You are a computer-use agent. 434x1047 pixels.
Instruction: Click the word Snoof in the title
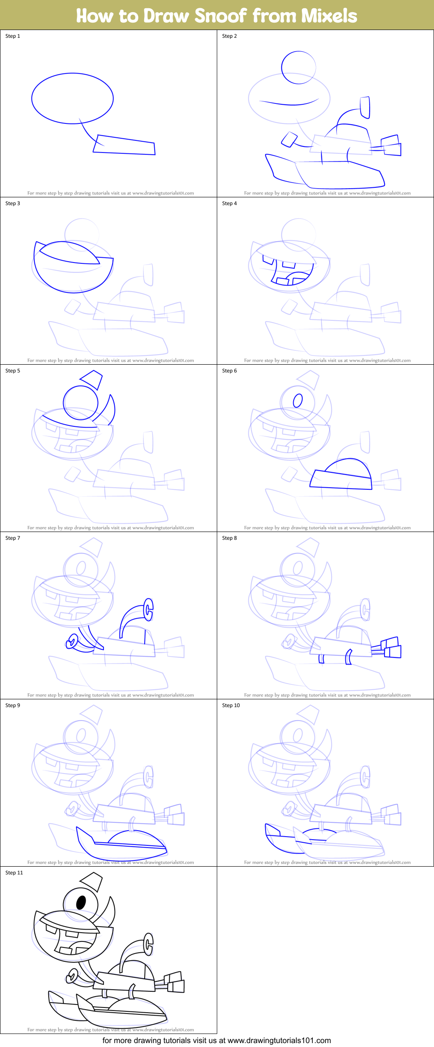pos(221,16)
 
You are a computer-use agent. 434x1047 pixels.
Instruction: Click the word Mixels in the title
pos(329,16)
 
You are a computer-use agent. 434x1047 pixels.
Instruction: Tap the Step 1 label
pos(13,36)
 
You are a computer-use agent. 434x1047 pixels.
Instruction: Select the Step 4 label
pos(229,203)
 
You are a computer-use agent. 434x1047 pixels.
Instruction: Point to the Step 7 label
pos(13,538)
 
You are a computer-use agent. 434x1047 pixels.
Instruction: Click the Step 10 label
pos(231,705)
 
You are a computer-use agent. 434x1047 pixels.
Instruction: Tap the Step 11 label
pos(14,873)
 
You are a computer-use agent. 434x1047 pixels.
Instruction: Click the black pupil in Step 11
pos(81,902)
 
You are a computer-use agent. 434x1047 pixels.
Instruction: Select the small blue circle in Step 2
pos(298,67)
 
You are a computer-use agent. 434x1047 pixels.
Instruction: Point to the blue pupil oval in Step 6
pos(298,400)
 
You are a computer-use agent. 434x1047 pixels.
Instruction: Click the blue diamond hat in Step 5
pos(92,379)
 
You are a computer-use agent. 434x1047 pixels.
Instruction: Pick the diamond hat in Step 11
pos(92,881)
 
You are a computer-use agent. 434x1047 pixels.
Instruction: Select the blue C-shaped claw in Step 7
pos(149,609)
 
